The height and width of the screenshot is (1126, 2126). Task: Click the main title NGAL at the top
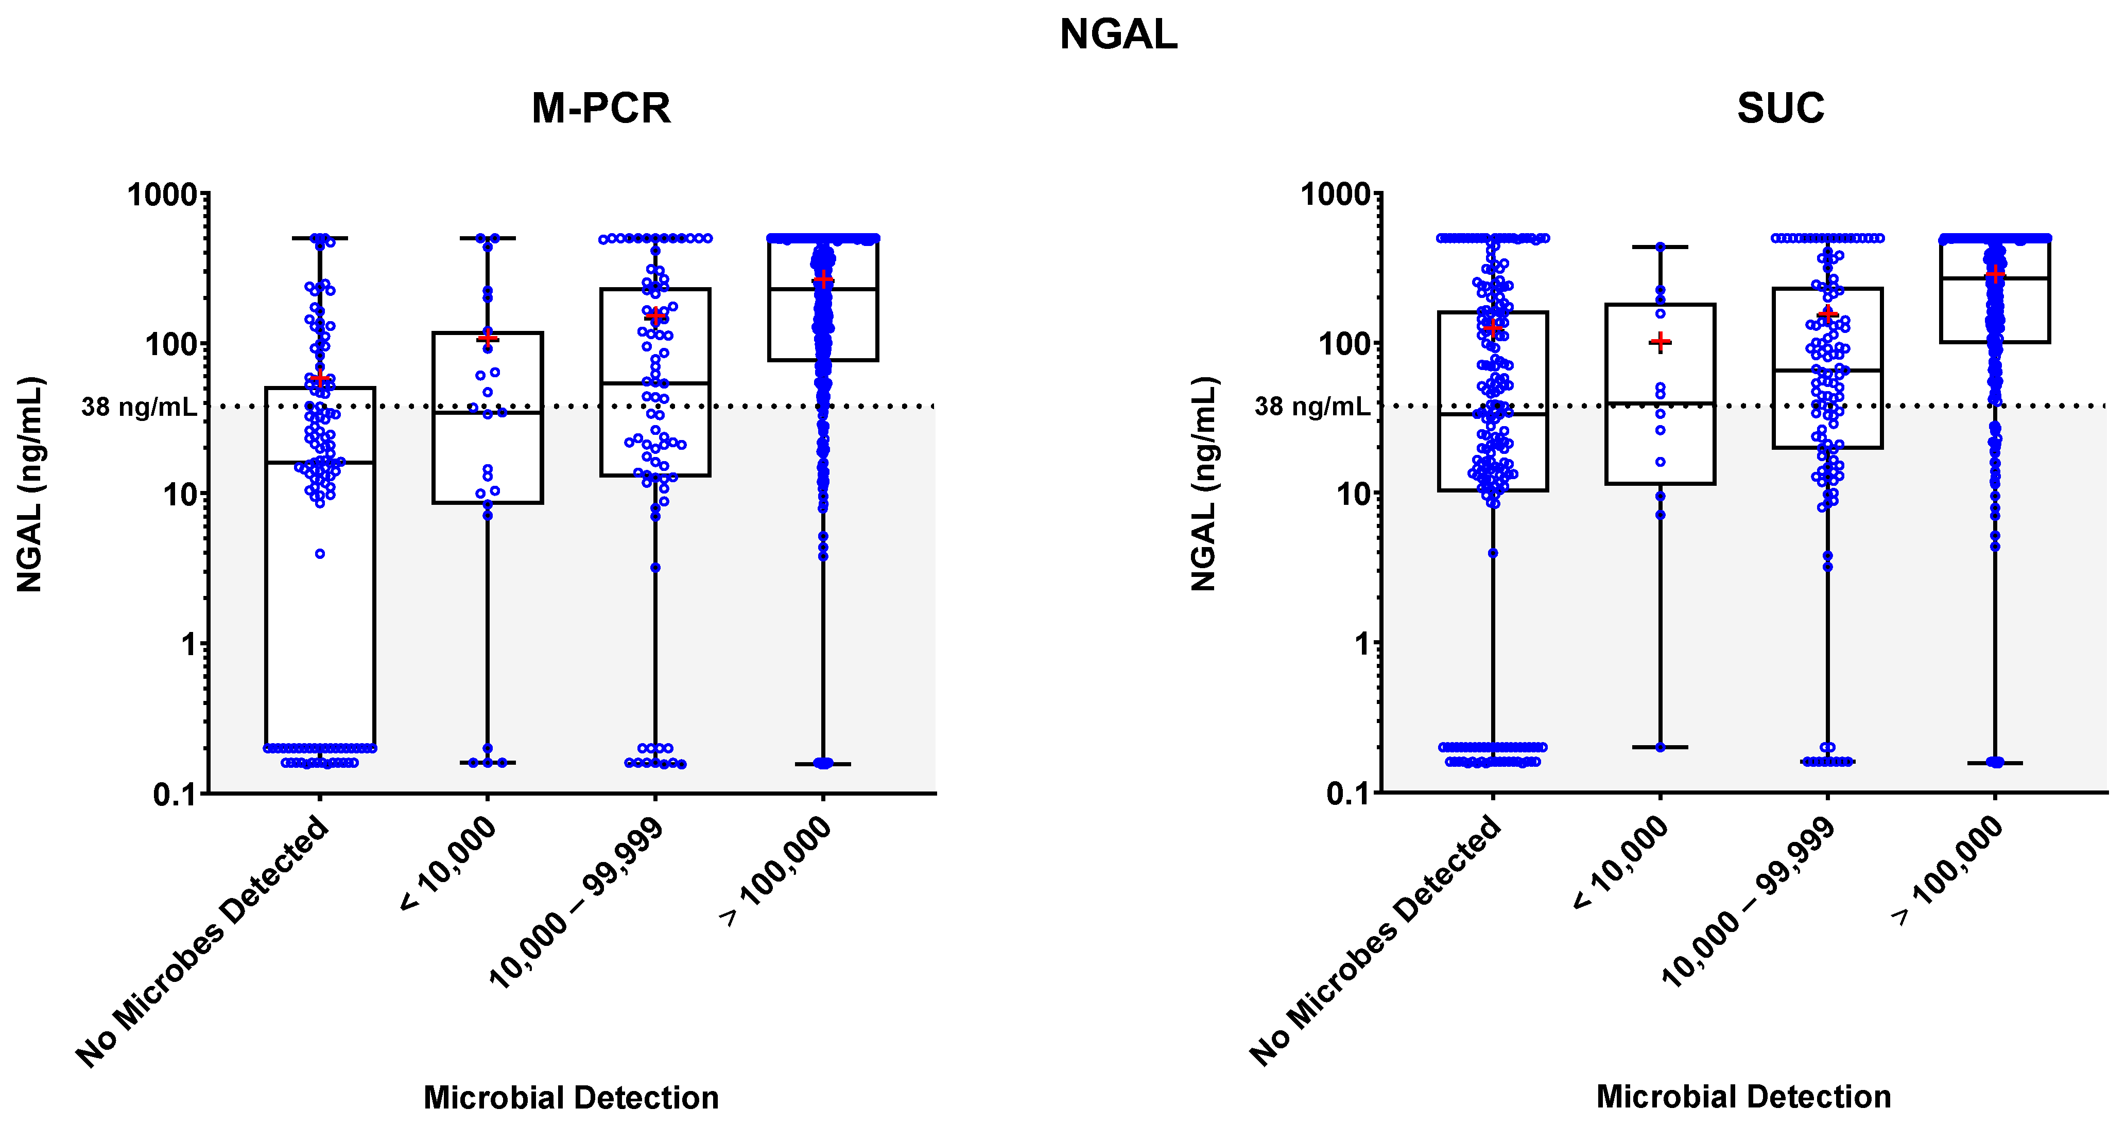coord(1118,34)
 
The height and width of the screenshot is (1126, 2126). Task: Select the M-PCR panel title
coord(601,108)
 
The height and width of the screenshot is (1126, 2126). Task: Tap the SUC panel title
coord(1780,108)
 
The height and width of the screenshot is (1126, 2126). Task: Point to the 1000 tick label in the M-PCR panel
coord(163,196)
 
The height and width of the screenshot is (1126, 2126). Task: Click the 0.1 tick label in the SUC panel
coord(1347,795)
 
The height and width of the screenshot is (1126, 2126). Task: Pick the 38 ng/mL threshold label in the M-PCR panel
coord(139,407)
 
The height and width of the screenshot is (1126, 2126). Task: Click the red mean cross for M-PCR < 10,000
coord(488,338)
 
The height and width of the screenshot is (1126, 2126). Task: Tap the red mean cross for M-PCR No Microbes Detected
coord(320,379)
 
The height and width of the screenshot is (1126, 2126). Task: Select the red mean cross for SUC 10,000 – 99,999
coord(1827,314)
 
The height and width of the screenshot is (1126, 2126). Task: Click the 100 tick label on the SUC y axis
coord(1342,344)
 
